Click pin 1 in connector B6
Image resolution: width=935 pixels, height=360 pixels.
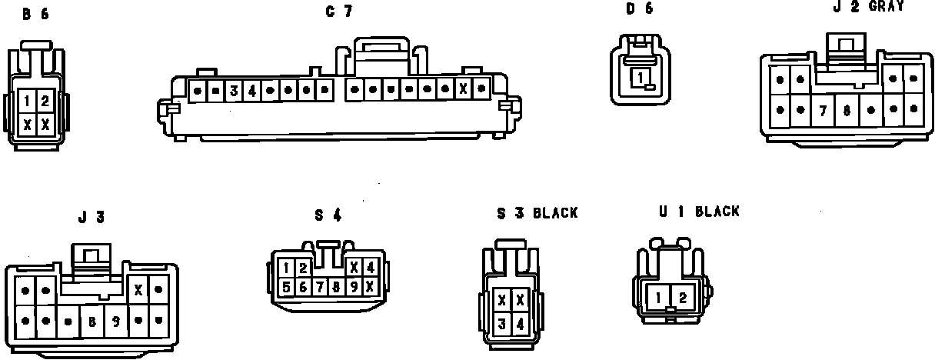(x=27, y=100)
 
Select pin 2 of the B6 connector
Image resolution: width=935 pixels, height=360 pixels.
(x=45, y=100)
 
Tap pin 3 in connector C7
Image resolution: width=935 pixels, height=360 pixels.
(x=233, y=91)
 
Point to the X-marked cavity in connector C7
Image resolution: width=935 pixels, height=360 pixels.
(x=464, y=89)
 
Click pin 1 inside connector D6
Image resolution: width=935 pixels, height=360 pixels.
(x=640, y=76)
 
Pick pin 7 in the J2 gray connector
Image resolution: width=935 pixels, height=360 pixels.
(x=823, y=110)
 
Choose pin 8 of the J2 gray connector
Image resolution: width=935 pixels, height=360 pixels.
(x=846, y=110)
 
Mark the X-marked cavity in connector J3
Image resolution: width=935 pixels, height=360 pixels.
(x=138, y=291)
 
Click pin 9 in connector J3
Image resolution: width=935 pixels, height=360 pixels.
(x=115, y=321)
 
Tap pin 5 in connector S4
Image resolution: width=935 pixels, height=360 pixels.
(x=286, y=287)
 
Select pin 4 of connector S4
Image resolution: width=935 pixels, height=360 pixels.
(x=371, y=268)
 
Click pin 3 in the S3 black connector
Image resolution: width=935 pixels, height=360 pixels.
(x=501, y=324)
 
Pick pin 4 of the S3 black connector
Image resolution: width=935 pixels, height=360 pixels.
(x=521, y=324)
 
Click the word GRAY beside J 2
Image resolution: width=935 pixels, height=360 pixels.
(x=886, y=6)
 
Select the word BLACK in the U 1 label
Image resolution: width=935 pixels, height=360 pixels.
(x=717, y=212)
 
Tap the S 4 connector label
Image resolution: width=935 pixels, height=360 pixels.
(x=327, y=215)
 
